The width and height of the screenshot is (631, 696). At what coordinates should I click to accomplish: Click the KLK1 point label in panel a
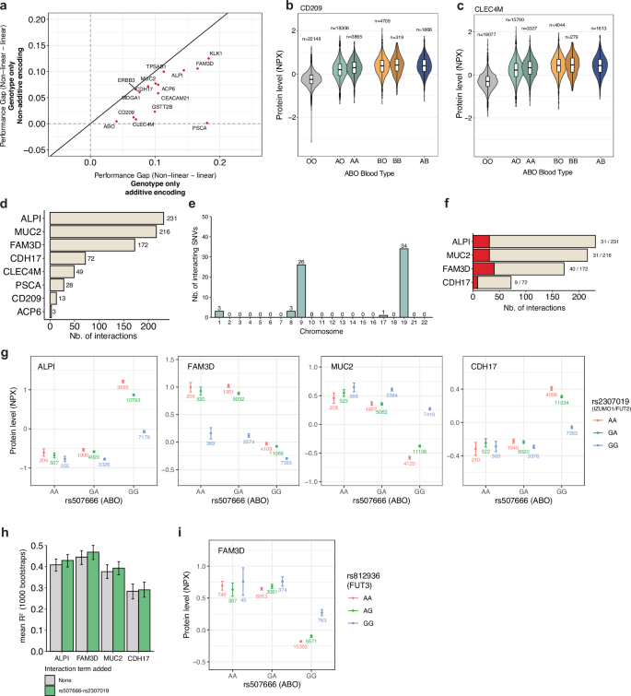(216, 53)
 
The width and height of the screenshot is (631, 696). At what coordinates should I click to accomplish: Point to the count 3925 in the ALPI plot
(121, 386)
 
